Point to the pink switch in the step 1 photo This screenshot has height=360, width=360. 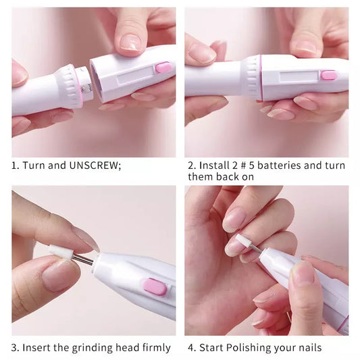pyautogui.click(x=163, y=67)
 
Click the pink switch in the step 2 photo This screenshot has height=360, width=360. pyautogui.click(x=329, y=74)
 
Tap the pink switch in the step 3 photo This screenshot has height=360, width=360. pyautogui.click(x=155, y=286)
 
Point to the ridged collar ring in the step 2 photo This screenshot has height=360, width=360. pyautogui.click(x=253, y=77)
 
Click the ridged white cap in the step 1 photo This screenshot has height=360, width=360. pyautogui.click(x=68, y=86)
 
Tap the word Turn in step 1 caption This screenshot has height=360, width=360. pyautogui.click(x=34, y=165)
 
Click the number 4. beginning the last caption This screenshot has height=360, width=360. pyautogui.click(x=191, y=348)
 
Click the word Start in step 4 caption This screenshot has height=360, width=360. pyautogui.click(x=213, y=348)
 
